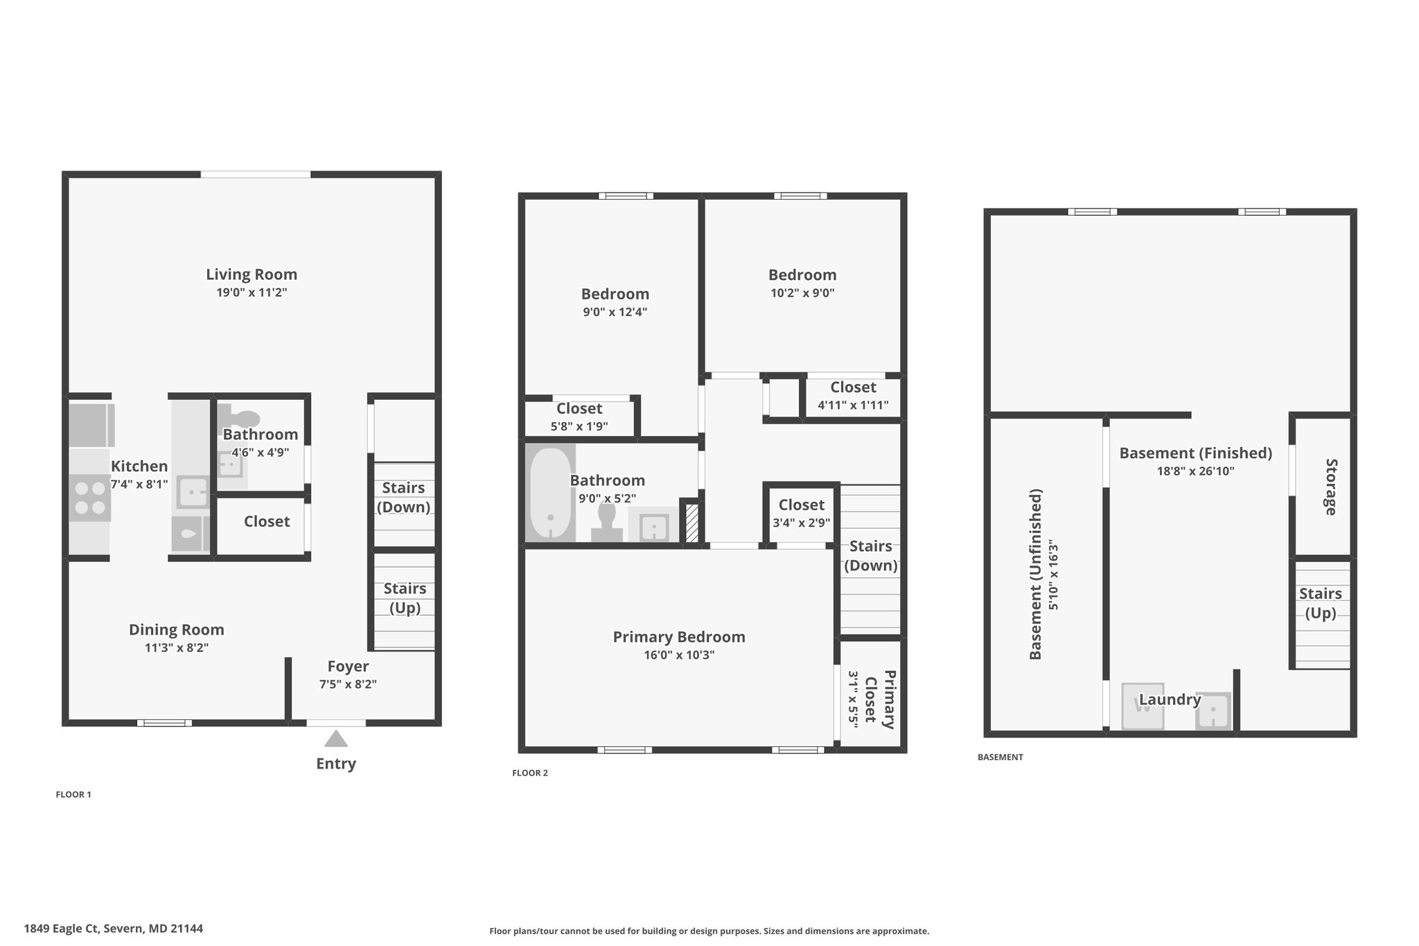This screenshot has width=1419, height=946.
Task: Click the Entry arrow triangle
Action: click(x=336, y=739)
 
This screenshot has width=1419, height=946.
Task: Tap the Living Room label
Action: click(x=252, y=274)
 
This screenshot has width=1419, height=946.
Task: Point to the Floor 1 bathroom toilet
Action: click(x=240, y=417)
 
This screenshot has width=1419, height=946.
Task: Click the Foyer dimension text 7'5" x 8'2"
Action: click(x=348, y=685)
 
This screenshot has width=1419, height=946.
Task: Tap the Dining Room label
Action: click(x=177, y=630)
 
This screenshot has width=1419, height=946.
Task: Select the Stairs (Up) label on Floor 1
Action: click(x=405, y=598)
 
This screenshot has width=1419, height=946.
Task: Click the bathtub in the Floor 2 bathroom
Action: click(x=551, y=493)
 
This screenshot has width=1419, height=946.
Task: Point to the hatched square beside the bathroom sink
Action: click(x=691, y=523)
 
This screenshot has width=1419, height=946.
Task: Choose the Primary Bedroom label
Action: click(x=679, y=637)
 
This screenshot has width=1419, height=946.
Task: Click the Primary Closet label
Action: click(x=880, y=699)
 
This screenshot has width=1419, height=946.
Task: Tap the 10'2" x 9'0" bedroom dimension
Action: click(x=802, y=293)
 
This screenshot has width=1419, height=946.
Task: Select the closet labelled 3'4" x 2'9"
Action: click(x=802, y=514)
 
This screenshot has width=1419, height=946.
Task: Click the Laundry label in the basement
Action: click(x=1170, y=700)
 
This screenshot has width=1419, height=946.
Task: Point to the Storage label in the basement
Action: click(x=1331, y=487)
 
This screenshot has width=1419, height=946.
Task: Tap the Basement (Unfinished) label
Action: click(x=1036, y=575)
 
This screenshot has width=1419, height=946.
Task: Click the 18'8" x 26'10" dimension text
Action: click(x=1196, y=471)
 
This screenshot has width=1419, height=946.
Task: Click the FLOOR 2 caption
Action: click(x=530, y=773)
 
